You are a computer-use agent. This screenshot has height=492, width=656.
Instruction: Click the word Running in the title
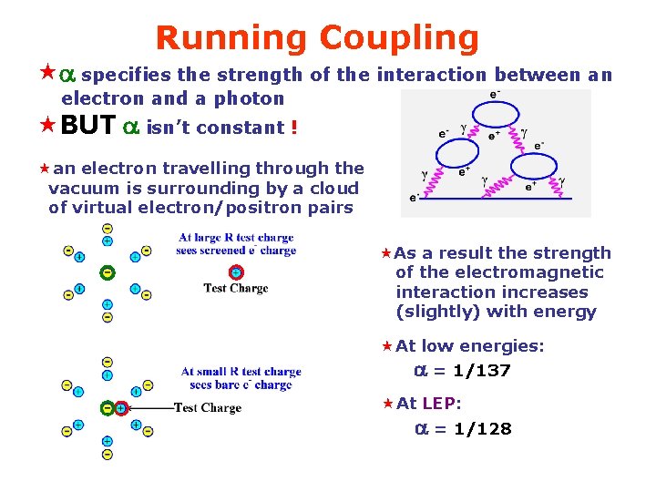[x=232, y=38]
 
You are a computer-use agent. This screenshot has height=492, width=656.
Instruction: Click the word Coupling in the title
[x=398, y=38]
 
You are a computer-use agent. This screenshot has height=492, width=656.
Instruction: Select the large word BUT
[x=88, y=127]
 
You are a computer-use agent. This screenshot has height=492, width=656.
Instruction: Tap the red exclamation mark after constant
[x=293, y=128]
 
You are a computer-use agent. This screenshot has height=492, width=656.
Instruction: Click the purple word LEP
[x=441, y=404]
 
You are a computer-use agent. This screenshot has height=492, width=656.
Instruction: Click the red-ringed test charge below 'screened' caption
[x=236, y=272]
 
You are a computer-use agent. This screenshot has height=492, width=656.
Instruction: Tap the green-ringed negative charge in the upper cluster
[x=108, y=272]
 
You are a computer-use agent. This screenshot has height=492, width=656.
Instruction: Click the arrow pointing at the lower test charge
[x=150, y=408]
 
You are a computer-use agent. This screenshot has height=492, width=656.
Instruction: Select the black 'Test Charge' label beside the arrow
[x=208, y=408]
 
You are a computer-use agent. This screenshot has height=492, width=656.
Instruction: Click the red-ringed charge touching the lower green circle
[x=119, y=408]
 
